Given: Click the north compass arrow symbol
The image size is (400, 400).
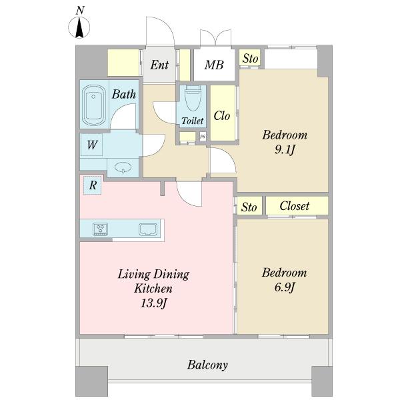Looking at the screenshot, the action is (x=79, y=27).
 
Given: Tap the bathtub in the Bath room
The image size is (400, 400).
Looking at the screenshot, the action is (x=93, y=105).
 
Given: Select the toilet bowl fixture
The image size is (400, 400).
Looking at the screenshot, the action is (x=193, y=98).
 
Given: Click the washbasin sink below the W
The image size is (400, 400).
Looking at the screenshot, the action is (x=123, y=167).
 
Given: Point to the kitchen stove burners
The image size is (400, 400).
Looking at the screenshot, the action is (x=101, y=229).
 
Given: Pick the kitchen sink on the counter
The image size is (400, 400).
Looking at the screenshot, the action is (x=148, y=229).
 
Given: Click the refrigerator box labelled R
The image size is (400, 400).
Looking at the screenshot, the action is (x=93, y=185).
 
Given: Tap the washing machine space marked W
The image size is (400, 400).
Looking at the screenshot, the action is (x=91, y=145).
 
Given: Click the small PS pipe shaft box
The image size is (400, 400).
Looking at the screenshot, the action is (x=203, y=136).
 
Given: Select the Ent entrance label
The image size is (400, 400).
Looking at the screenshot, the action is (x=159, y=65).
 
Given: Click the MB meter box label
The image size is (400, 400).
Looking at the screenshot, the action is (x=214, y=65).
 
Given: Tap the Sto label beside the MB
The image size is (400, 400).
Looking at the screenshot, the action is (x=250, y=59).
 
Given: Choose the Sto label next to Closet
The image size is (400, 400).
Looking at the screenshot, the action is (x=249, y=207).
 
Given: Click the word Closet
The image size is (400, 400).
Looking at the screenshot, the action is (x=295, y=206).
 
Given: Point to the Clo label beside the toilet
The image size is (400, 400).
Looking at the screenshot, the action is (x=222, y=116).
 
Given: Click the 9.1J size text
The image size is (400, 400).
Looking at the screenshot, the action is (x=285, y=149).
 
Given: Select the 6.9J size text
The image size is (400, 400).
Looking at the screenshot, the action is (x=285, y=287).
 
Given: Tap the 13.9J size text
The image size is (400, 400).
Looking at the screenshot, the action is (x=154, y=303).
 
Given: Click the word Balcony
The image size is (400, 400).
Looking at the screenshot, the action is (x=207, y=365).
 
